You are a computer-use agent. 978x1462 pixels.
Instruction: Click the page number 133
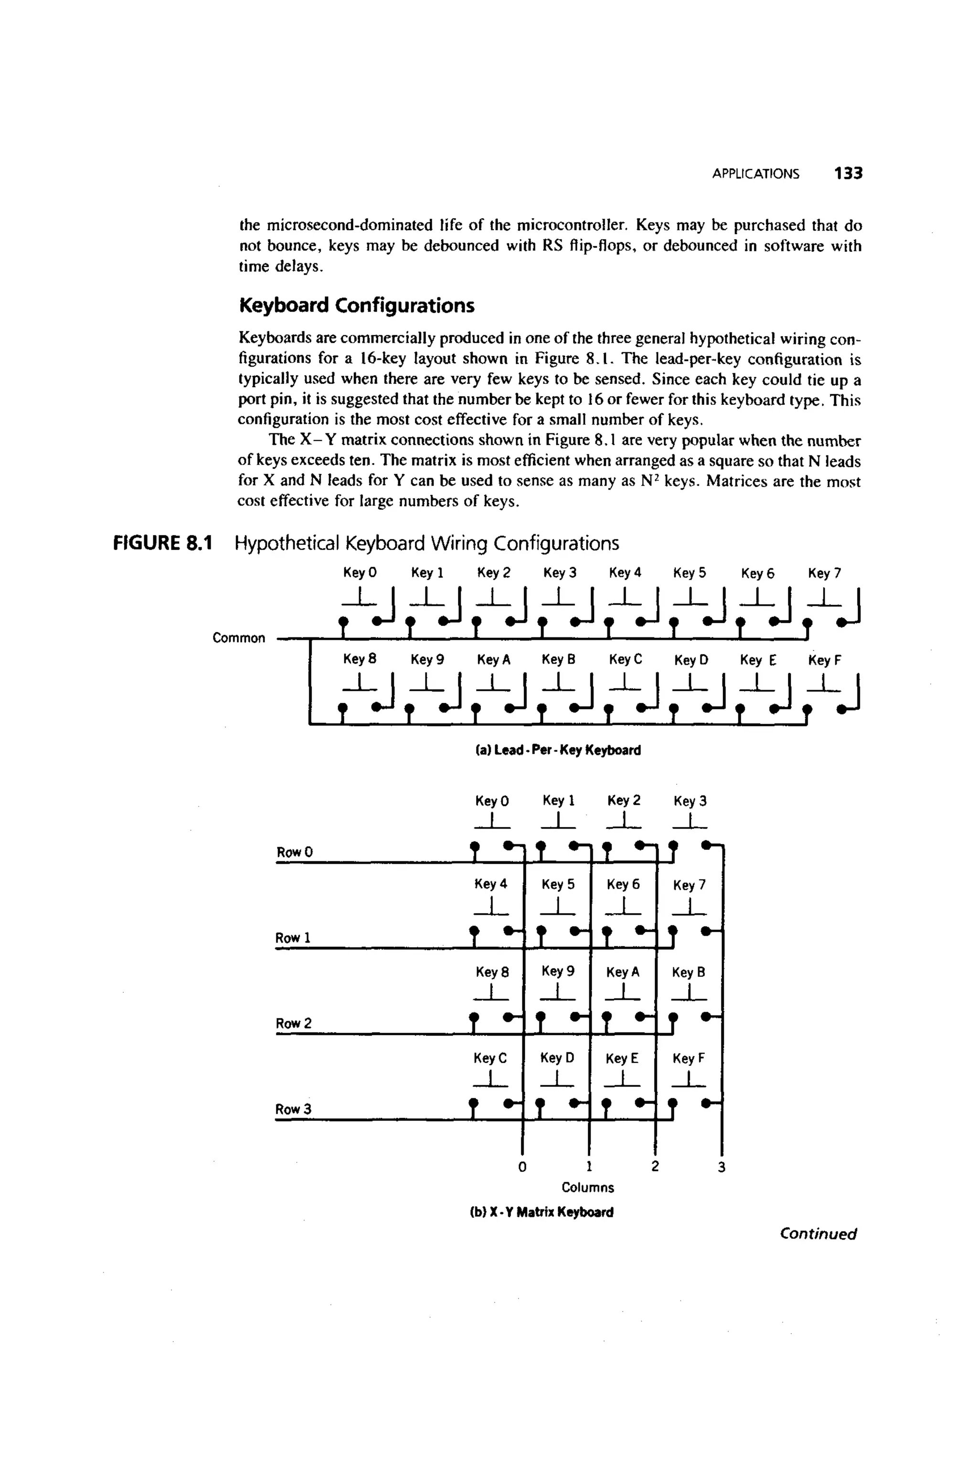coord(848,173)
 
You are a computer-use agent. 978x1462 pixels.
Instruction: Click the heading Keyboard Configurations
coord(357,306)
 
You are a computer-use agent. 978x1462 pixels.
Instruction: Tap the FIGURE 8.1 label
coord(163,544)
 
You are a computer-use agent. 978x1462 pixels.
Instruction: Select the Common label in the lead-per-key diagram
coord(239,638)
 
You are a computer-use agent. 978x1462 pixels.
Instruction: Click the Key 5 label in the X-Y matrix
coord(558,884)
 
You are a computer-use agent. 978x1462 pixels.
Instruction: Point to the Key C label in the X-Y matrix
coord(490,1058)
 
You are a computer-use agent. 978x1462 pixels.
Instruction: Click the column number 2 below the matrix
coord(654,1166)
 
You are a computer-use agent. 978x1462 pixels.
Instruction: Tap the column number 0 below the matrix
coord(522,1166)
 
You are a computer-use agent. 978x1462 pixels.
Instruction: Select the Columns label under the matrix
coord(587,1187)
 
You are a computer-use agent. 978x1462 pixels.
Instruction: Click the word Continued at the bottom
coord(818,1234)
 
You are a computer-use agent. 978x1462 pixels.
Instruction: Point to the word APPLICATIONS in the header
coord(755,174)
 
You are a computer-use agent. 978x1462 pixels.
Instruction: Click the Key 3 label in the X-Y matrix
coord(690,801)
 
